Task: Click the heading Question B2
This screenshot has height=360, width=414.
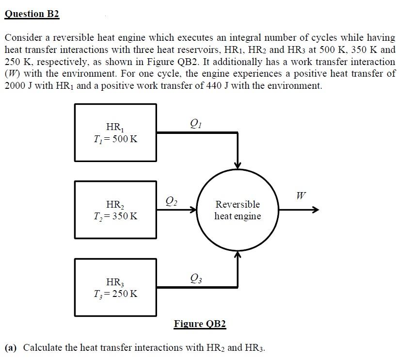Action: pos(32,14)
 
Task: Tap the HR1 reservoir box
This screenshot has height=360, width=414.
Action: pos(115,132)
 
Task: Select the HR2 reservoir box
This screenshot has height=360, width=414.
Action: pos(115,210)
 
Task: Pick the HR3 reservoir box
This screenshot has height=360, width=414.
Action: pos(115,287)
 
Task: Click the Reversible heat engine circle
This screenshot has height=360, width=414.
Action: pos(238,210)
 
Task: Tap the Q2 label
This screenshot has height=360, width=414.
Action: pos(171,199)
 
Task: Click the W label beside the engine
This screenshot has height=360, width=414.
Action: pos(301,196)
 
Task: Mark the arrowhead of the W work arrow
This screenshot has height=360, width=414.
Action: pos(316,210)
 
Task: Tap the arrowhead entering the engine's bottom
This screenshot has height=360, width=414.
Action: pos(238,255)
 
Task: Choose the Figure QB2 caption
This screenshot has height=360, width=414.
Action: pos(200,324)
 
